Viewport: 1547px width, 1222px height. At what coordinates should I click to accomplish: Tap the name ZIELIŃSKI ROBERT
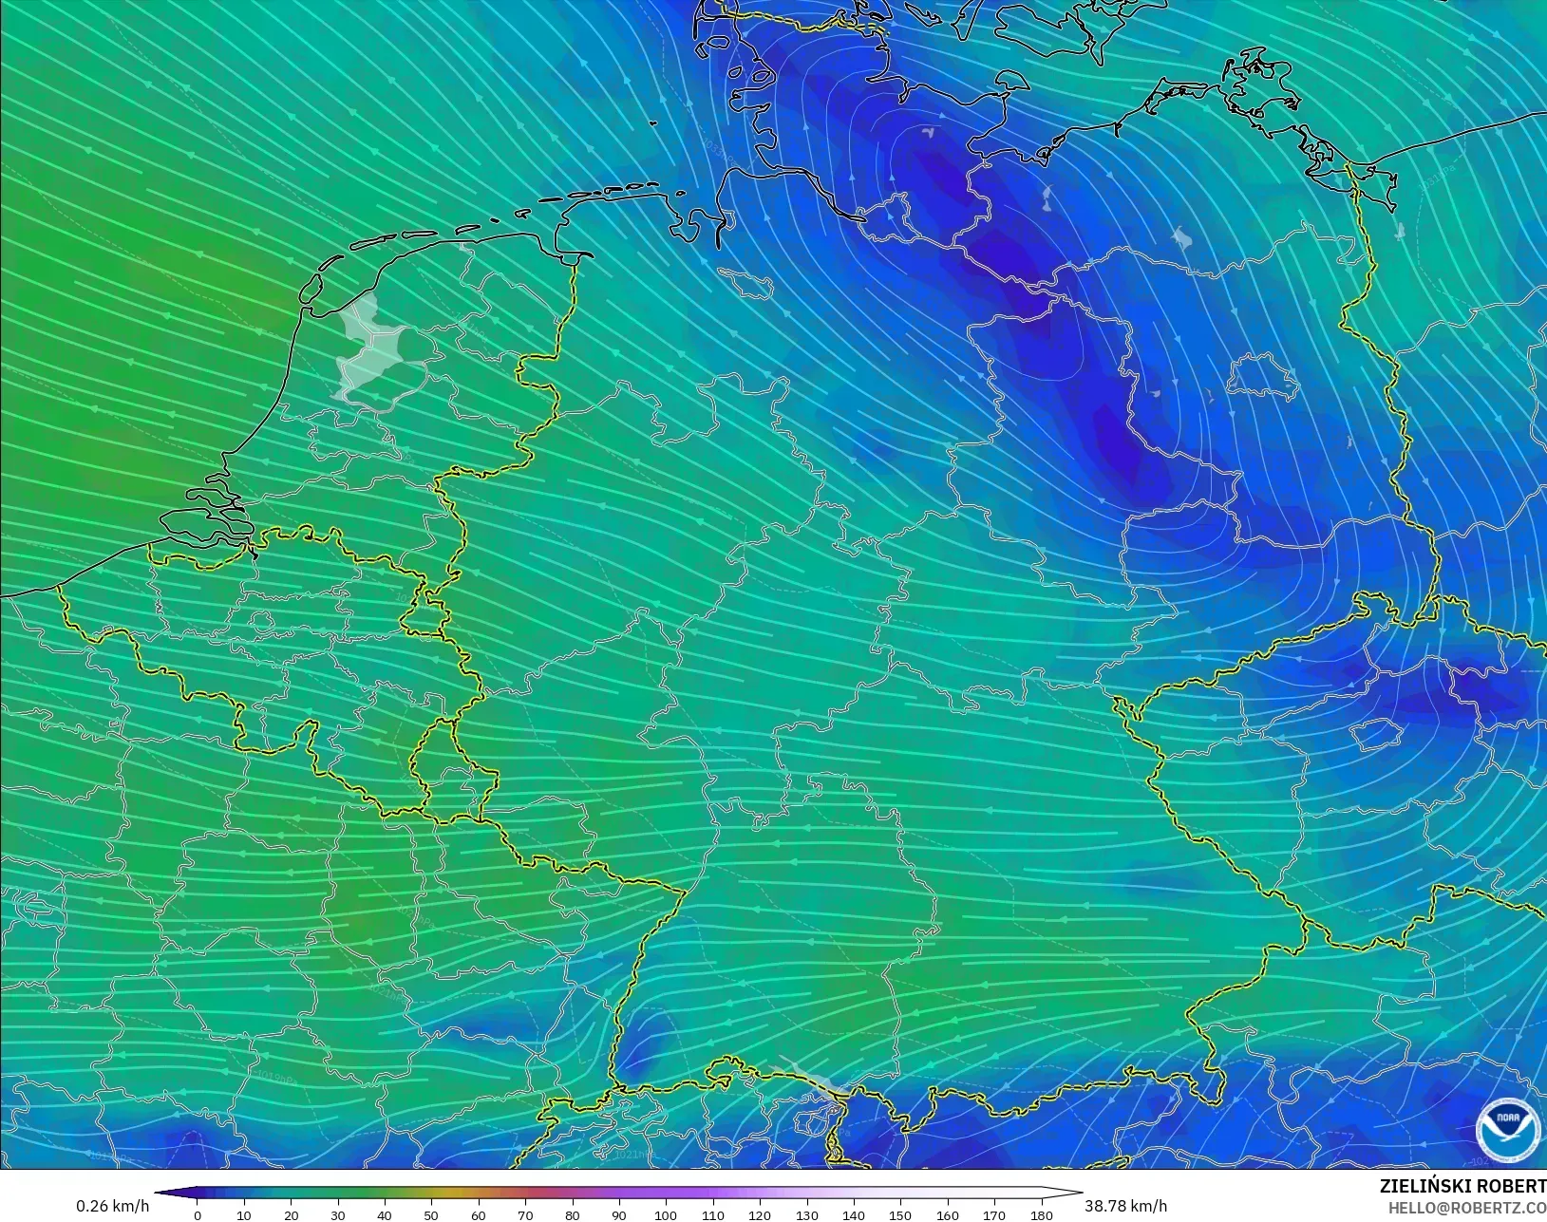(1462, 1187)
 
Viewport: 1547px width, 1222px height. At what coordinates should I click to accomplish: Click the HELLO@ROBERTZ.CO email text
(1467, 1208)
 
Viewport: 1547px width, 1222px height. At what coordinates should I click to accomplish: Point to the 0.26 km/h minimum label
(112, 1206)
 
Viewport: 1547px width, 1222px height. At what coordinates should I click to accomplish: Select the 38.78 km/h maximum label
(1125, 1206)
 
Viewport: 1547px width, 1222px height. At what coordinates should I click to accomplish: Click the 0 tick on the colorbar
(198, 1214)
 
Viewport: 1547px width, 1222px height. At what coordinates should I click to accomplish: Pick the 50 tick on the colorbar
(432, 1214)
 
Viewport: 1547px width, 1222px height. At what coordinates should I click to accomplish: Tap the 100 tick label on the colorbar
(666, 1214)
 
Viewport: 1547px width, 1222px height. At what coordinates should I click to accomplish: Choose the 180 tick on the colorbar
(1041, 1214)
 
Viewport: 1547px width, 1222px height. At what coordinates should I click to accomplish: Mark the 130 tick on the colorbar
(806, 1214)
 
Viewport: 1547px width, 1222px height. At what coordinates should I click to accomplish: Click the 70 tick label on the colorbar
(525, 1214)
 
